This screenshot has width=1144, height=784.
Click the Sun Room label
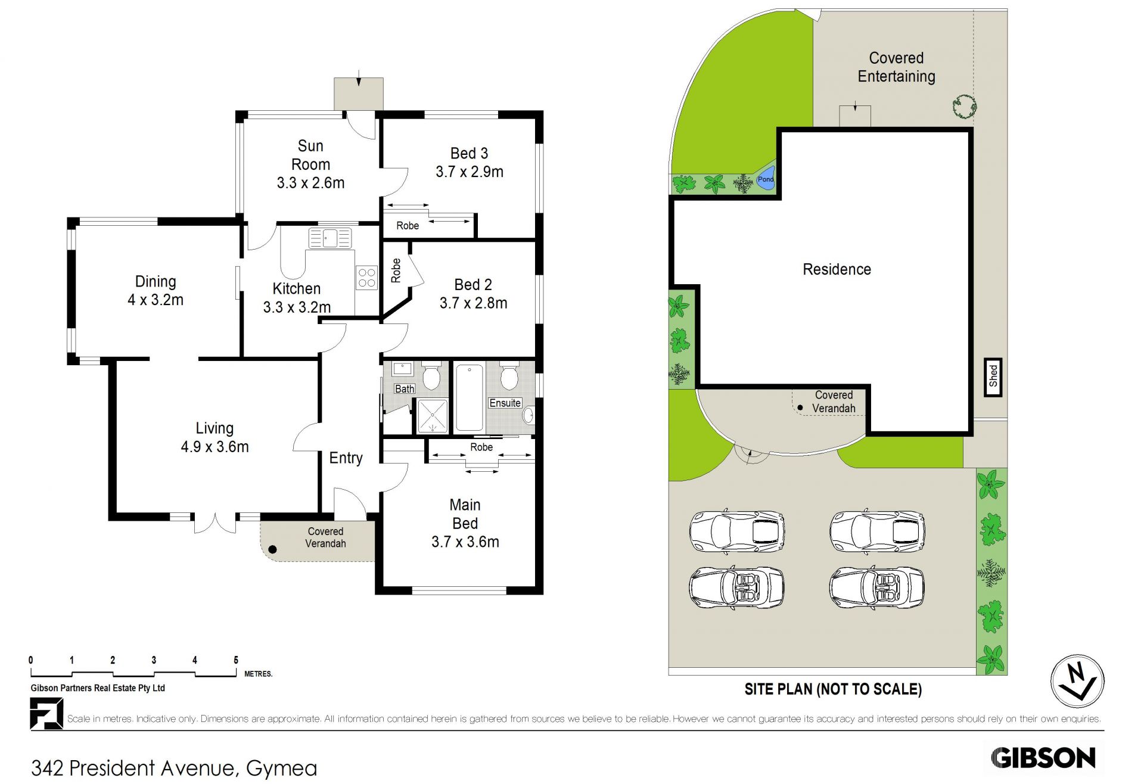coord(310,155)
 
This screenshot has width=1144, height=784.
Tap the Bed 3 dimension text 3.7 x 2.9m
coord(470,172)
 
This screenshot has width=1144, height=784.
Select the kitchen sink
coord(330,238)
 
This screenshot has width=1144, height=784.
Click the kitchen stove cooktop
coord(366,278)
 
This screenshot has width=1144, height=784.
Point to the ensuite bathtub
coord(470,398)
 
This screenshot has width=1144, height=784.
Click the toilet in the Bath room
coord(431,375)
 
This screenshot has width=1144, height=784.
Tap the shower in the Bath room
coord(432,416)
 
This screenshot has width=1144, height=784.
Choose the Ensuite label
coord(505,403)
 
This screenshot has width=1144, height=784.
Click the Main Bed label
coord(465,514)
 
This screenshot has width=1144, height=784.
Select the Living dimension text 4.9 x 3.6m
coord(214,447)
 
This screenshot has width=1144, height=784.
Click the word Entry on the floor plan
coord(346,458)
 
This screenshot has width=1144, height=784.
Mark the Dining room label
coord(156,282)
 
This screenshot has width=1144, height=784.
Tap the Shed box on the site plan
coord(993,377)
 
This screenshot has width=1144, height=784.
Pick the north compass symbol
coord(1077,681)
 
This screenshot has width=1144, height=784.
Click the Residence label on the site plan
coord(837,270)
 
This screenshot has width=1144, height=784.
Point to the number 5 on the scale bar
coord(236,660)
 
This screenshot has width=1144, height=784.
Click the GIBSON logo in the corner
coord(1043,758)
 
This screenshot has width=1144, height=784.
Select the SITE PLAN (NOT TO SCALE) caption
coord(833,689)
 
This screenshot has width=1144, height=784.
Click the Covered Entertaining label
coord(896,67)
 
